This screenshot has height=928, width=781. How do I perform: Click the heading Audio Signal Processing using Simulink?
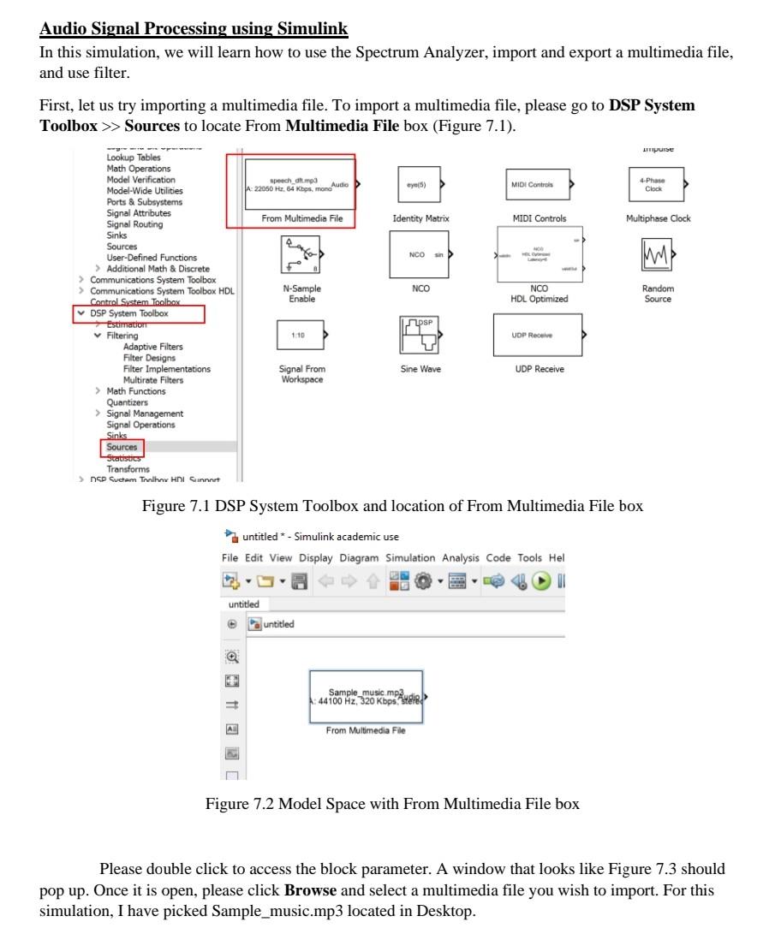(x=194, y=29)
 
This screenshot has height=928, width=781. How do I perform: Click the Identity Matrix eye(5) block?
(x=420, y=184)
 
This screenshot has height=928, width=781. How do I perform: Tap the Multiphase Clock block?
(x=654, y=183)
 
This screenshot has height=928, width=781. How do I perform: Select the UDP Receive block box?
(x=537, y=336)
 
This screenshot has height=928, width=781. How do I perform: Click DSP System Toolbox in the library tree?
(x=130, y=314)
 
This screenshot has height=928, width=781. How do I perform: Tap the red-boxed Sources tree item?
(x=121, y=447)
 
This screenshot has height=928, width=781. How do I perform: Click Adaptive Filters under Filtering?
(x=152, y=347)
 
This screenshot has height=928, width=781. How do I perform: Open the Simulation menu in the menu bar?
(x=410, y=557)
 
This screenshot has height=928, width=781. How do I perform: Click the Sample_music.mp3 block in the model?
(x=366, y=696)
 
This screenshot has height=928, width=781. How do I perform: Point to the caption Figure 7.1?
(x=392, y=506)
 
